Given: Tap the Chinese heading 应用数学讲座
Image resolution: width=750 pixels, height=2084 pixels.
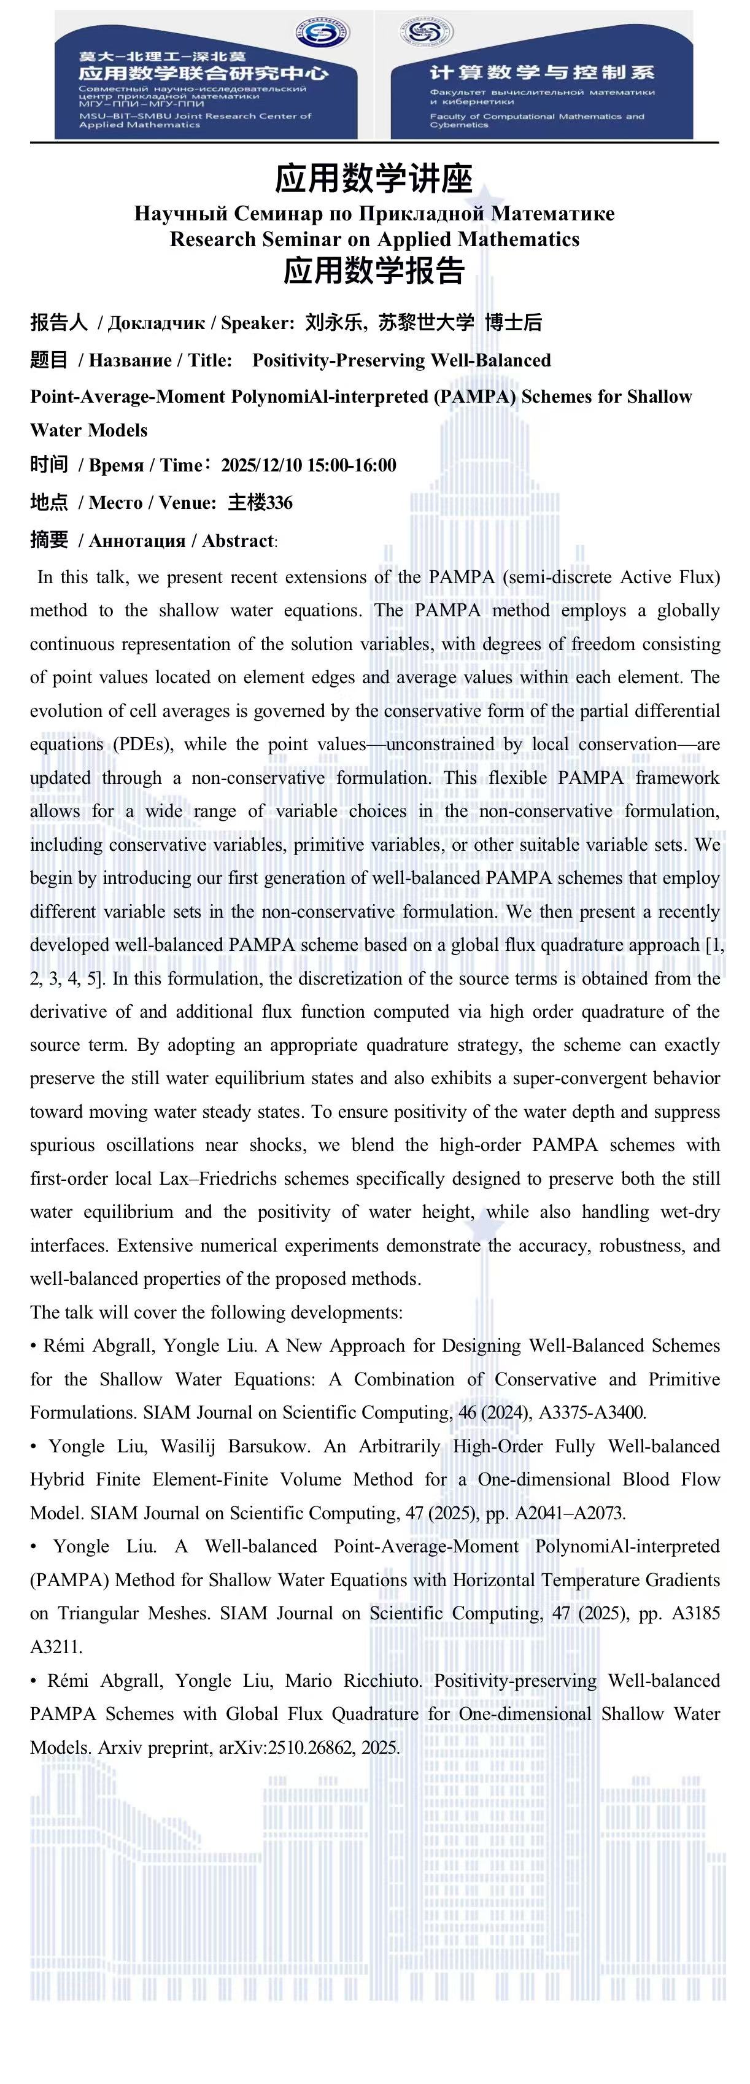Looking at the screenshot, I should [x=374, y=178].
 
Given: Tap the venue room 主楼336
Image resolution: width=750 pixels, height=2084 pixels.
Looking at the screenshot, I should [x=260, y=502].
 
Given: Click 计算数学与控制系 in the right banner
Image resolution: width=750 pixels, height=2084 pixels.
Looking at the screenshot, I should [x=541, y=73].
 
